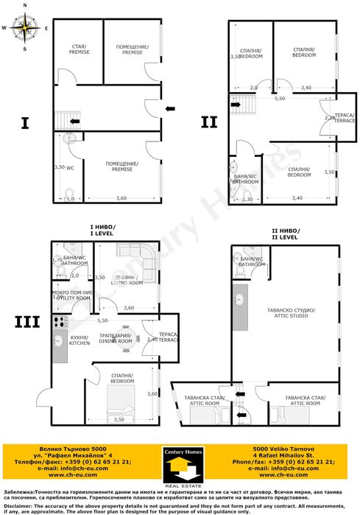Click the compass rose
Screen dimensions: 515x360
point(26,27)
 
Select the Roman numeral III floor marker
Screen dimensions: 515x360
point(26,322)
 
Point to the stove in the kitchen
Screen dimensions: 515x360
point(59,322)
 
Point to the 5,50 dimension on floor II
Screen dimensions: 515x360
point(280,98)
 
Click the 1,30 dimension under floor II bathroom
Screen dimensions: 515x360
point(247,199)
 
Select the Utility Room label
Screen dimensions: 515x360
point(72,295)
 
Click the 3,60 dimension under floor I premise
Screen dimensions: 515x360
point(121,197)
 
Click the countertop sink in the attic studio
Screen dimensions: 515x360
point(241,300)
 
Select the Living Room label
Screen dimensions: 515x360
point(127,279)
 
